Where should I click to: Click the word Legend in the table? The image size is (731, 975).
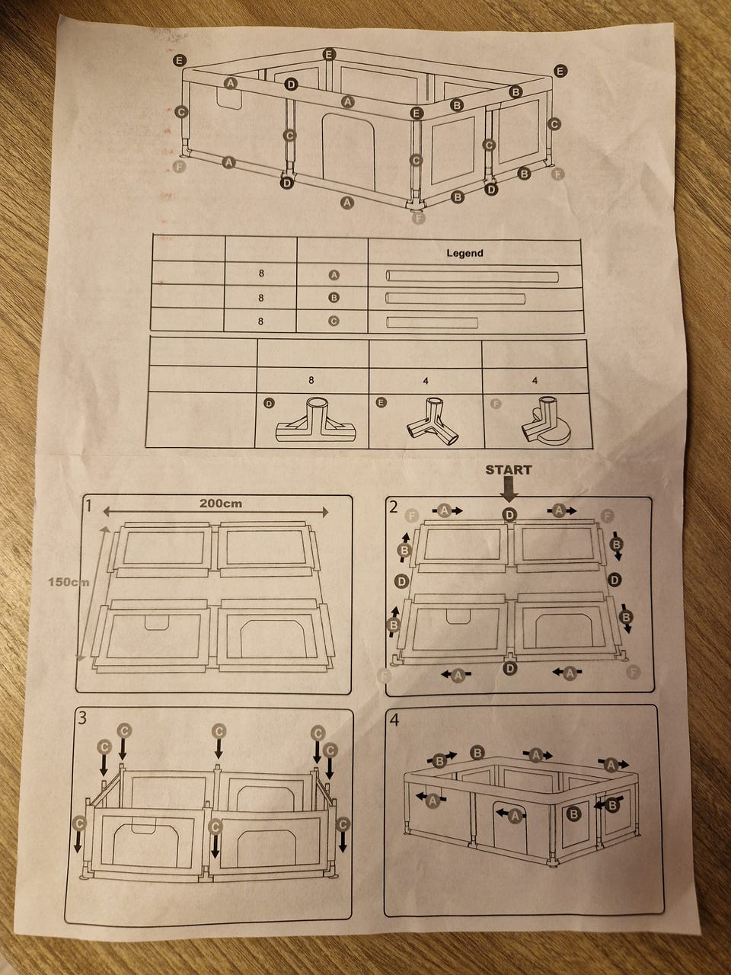coord(464,253)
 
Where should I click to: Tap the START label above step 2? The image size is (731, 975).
coord(509,470)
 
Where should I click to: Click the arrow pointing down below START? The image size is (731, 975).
coord(509,492)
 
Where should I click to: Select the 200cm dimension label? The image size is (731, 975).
coord(221,503)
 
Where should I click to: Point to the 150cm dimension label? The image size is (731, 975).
coord(69,581)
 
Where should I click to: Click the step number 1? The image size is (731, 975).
coord(90,506)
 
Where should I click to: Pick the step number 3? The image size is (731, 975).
coord(82,718)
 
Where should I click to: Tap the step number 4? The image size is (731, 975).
coord(394,720)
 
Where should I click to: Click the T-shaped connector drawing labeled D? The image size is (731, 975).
coord(315,420)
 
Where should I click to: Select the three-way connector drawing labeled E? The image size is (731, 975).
coord(433,420)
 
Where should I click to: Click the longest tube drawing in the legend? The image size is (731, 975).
coord(472,277)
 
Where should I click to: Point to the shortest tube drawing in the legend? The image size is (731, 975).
coord(432,322)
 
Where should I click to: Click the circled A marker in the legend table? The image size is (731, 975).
coord(334,276)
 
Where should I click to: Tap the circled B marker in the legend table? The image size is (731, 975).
coord(334,298)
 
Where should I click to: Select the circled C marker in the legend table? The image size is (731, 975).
coord(334,321)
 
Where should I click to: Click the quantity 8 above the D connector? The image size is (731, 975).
coord(311,380)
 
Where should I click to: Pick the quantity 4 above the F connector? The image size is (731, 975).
coord(535,381)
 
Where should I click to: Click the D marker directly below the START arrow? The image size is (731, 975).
coord(509,515)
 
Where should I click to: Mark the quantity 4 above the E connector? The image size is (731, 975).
coord(426,381)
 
